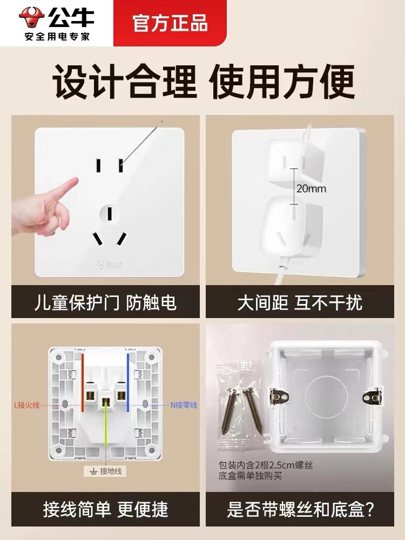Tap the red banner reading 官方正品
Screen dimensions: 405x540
tap(170, 23)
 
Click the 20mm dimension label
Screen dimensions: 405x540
tap(311, 188)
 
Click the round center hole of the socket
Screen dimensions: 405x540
tap(110, 214)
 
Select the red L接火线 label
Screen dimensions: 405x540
tap(27, 405)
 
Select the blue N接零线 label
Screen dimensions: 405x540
tap(184, 405)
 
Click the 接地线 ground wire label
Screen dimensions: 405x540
tap(105, 471)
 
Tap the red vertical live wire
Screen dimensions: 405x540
tap(83, 382)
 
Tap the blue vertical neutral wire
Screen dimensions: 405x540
tap(128, 382)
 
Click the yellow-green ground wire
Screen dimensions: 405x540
tap(105, 427)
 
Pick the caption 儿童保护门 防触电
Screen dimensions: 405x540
tap(105, 303)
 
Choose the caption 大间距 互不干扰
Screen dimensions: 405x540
tap(300, 303)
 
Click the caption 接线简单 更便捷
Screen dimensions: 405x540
tap(105, 509)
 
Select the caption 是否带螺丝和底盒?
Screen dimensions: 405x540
tap(300, 509)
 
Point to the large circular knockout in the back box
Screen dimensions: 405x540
tap(326, 398)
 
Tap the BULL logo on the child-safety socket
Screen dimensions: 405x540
tap(110, 265)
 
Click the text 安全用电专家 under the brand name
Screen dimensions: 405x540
tap(57, 36)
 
